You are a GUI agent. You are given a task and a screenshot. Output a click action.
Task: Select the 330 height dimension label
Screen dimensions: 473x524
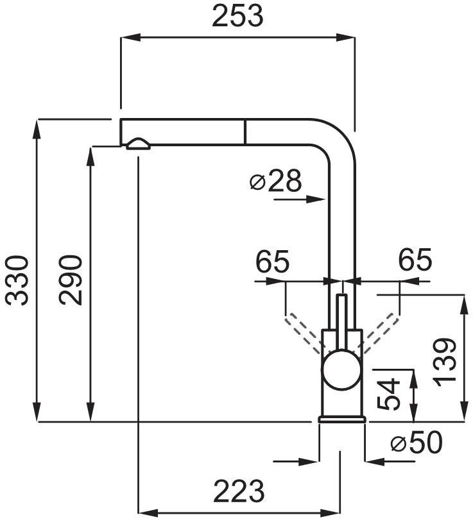click(17, 280)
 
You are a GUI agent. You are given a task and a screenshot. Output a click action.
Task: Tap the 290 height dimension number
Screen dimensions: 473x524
click(70, 280)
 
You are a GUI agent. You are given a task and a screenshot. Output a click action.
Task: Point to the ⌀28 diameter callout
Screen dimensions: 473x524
click(275, 181)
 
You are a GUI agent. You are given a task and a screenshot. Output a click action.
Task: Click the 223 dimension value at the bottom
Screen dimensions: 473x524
click(239, 491)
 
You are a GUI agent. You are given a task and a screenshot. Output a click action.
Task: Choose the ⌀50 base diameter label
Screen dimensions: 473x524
click(416, 443)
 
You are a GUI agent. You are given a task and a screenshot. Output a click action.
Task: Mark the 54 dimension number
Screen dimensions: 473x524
click(389, 394)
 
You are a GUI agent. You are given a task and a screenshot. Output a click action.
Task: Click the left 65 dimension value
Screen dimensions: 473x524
click(272, 261)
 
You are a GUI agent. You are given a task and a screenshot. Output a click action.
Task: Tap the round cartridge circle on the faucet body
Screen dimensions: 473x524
click(341, 369)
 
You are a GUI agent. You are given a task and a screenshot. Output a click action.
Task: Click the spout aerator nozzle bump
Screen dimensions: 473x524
click(138, 144)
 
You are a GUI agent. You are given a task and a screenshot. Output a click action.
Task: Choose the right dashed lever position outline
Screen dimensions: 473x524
click(379, 333)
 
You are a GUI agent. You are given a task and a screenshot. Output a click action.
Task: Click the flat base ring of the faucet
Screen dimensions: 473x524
click(341, 419)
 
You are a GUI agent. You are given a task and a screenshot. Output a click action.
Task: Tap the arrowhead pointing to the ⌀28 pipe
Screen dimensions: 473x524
click(316, 199)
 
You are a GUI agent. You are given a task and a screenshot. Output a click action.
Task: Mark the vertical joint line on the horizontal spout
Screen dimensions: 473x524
click(245, 131)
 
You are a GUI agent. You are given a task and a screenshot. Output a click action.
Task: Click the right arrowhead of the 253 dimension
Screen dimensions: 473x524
click(345, 37)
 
